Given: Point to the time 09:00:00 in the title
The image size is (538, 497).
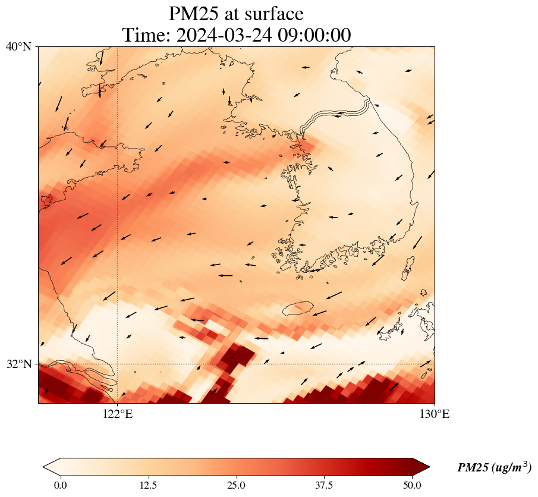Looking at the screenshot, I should tap(312, 35).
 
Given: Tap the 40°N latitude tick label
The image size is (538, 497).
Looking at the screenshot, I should tap(18, 46).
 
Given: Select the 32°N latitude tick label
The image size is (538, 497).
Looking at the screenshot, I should tap(18, 364).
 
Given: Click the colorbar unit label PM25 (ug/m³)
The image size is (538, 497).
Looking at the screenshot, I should tap(494, 468).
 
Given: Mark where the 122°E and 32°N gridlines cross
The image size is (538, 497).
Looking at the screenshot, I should tap(118, 364).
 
